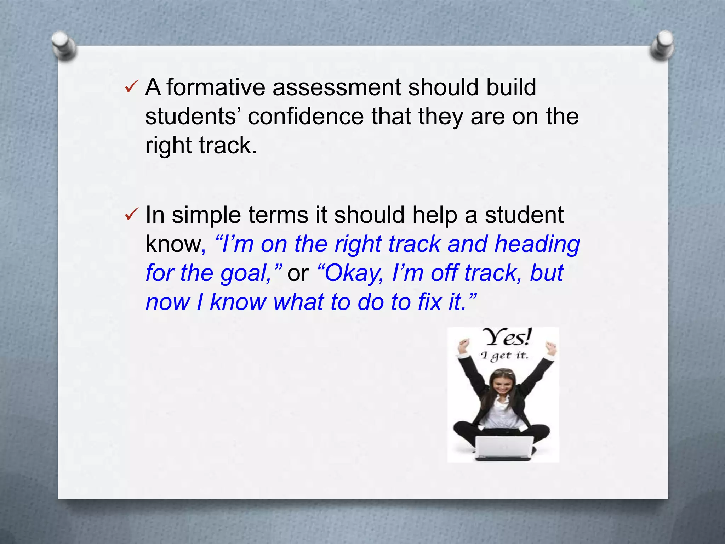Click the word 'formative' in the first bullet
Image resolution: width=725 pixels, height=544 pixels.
tap(216, 87)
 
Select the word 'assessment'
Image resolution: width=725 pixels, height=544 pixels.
tap(337, 87)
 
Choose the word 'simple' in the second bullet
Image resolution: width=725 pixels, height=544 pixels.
tap(206, 215)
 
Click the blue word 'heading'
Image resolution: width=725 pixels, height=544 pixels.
tap(537, 244)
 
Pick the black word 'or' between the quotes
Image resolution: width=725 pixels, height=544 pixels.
tap(298, 274)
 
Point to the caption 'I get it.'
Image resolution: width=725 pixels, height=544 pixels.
tap(504, 356)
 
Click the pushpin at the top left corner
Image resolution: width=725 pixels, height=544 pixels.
tap(64, 45)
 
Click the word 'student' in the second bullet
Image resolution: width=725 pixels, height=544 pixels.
tap(524, 215)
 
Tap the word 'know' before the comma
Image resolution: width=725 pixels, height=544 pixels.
tap(173, 244)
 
